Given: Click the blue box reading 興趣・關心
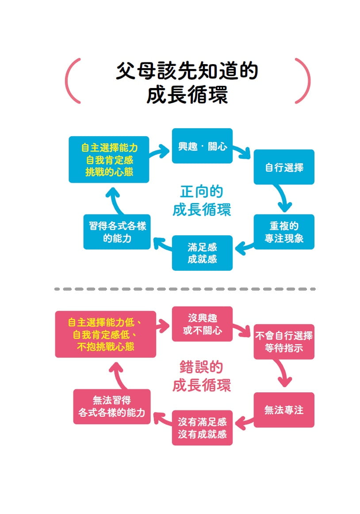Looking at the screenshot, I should (x=202, y=146).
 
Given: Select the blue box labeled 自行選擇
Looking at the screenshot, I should (x=283, y=167).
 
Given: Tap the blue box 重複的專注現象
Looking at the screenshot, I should (x=283, y=232).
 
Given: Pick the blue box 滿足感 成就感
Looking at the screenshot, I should (x=202, y=253).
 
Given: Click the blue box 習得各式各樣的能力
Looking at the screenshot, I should (x=117, y=232).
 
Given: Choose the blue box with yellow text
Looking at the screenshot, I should (x=109, y=159).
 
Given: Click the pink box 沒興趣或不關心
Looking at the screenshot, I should (x=202, y=324).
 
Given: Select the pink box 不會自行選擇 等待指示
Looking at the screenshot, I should (x=283, y=341).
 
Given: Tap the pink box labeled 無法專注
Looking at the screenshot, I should (x=283, y=410).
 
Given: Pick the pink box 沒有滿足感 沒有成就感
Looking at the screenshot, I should (x=202, y=427).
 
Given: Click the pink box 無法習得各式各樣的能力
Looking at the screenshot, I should (x=111, y=407).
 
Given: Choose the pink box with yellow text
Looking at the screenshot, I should (x=105, y=334).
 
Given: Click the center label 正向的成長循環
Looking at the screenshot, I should (x=202, y=200).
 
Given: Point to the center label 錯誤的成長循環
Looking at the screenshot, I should (x=202, y=376).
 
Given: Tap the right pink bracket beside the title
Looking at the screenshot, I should (x=303, y=81).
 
